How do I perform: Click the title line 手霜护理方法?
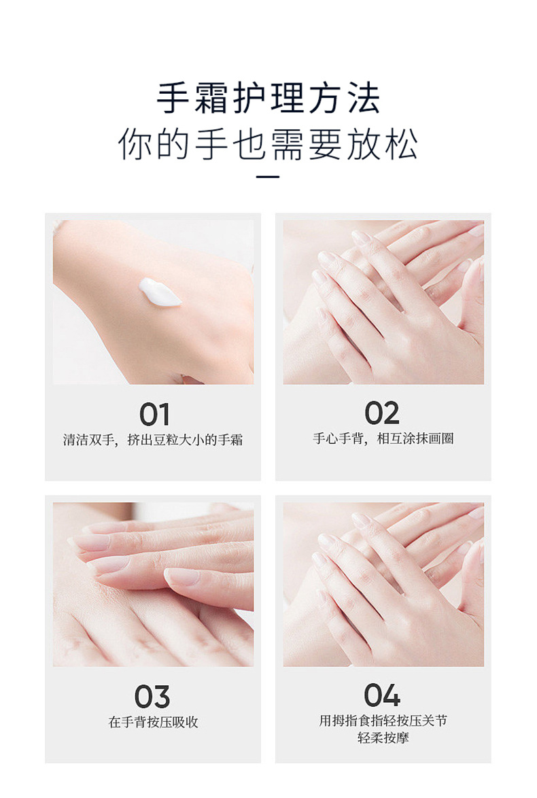(x=268, y=98)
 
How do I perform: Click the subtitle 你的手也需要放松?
(x=268, y=144)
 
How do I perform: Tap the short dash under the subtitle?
(x=268, y=177)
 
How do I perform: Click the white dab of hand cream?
(x=160, y=292)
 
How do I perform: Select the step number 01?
(x=155, y=414)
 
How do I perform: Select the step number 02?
(x=382, y=413)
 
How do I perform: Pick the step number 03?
(x=152, y=696)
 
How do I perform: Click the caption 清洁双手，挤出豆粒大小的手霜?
(x=153, y=440)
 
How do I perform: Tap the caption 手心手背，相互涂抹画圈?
(x=383, y=438)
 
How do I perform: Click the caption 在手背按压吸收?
(x=153, y=722)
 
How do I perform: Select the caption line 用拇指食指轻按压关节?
(x=383, y=721)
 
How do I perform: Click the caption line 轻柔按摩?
(x=383, y=738)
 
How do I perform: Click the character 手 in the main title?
(x=173, y=98)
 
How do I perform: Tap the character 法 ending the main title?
(x=364, y=98)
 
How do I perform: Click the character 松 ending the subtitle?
(x=402, y=144)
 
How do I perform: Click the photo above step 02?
(x=383, y=302)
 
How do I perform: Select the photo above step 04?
(x=383, y=585)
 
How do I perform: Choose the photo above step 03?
(x=153, y=585)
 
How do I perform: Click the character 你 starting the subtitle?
(x=135, y=144)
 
